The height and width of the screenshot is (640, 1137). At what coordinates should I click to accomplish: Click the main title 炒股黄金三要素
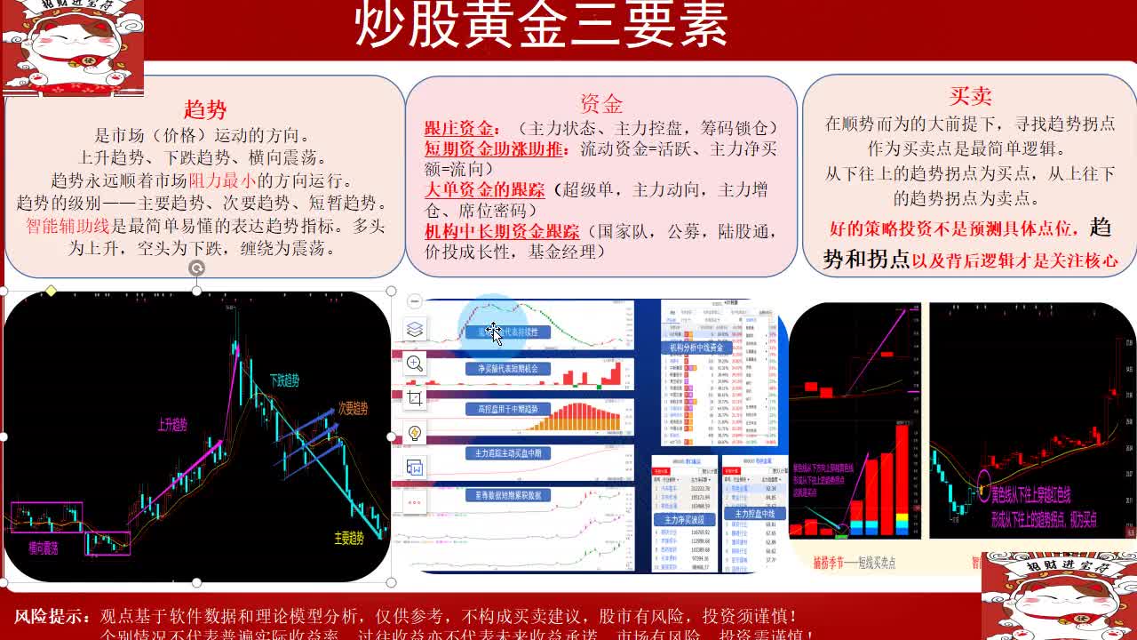(x=541, y=25)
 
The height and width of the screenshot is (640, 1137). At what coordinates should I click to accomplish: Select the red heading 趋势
(x=205, y=109)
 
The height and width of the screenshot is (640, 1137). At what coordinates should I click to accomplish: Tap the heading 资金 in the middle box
(x=601, y=104)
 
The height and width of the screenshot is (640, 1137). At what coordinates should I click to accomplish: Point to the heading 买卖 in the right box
(x=970, y=96)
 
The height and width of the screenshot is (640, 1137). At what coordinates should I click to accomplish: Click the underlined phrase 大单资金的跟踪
(x=484, y=189)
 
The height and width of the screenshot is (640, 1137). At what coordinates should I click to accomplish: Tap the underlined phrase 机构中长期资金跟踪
(x=502, y=232)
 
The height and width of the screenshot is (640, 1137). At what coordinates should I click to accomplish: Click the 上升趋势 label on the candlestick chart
(x=172, y=425)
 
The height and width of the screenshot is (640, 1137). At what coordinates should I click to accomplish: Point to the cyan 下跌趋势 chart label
(x=284, y=380)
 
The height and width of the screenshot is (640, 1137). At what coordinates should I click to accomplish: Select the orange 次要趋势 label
(x=353, y=409)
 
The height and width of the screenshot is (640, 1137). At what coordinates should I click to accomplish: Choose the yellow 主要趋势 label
(x=349, y=538)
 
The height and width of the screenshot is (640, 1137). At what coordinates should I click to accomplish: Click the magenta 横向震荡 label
(x=43, y=548)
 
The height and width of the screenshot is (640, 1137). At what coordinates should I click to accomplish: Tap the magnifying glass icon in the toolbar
(x=415, y=363)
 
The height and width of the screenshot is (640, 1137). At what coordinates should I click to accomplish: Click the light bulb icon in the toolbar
(x=415, y=433)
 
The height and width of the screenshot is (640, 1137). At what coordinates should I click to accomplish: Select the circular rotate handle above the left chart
(x=196, y=268)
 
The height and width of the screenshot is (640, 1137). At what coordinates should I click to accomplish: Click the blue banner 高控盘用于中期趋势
(x=508, y=410)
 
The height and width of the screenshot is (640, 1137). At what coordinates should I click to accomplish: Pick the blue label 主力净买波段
(x=684, y=520)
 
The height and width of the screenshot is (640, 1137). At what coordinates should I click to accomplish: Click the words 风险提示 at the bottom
(x=52, y=616)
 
